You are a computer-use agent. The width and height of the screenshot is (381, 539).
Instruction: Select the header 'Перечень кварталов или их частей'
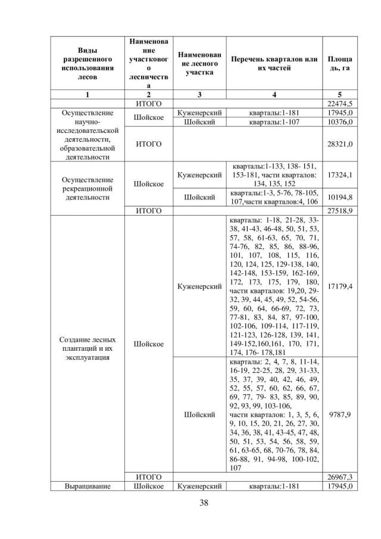274,64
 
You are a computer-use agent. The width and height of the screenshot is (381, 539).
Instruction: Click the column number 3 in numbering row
199,94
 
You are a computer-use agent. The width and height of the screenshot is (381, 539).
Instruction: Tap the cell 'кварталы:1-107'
274,122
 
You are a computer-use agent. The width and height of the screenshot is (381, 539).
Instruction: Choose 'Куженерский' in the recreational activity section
199,175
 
